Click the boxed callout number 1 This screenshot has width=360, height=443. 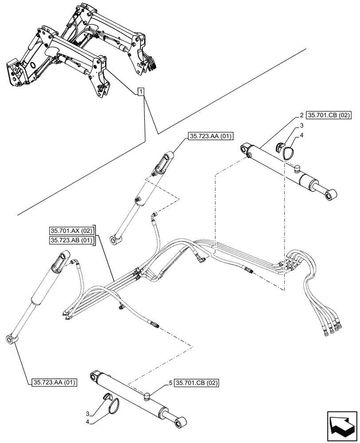coord(140,92)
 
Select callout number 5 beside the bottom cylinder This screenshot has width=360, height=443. coord(170,382)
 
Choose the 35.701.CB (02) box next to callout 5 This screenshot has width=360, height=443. coord(197,382)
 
